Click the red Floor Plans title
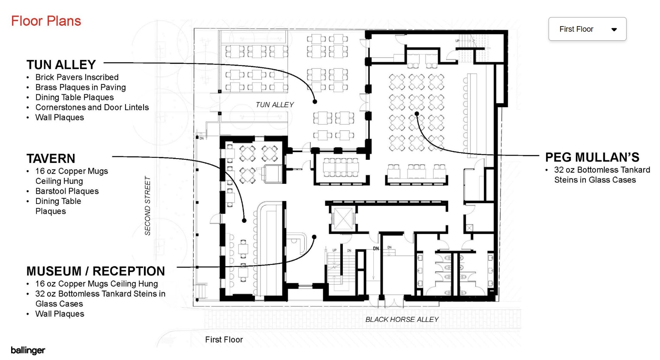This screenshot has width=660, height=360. point(46,21)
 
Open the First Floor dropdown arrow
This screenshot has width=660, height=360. point(614,30)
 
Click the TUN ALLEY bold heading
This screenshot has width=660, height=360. point(61,65)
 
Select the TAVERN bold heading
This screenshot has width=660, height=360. point(51,159)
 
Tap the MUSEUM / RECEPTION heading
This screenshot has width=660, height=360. point(96,271)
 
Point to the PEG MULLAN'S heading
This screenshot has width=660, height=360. point(592,157)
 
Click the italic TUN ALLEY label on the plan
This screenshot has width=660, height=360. point(275,105)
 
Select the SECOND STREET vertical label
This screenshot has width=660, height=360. point(147,206)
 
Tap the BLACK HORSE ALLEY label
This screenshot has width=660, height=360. point(402,319)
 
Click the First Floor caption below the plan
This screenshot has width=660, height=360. point(224,340)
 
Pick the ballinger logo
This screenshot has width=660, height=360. point(28,350)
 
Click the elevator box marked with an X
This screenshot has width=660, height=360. point(343,218)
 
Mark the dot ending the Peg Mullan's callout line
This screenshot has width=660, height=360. point(417,114)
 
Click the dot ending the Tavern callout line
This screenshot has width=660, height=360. point(244,220)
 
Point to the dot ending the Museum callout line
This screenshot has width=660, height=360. point(315,237)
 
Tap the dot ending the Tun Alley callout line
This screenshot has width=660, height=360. point(315,102)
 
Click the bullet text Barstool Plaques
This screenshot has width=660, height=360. point(67,191)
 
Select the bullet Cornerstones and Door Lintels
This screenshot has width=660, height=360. point(92,107)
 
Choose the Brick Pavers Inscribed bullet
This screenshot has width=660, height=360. point(77,77)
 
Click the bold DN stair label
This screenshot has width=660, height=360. point(376,249)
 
